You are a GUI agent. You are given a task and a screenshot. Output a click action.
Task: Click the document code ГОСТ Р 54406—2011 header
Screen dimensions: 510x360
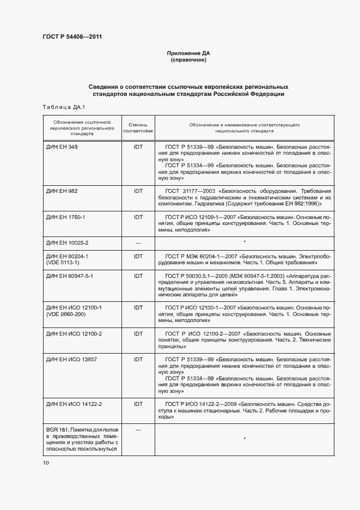click(72, 37)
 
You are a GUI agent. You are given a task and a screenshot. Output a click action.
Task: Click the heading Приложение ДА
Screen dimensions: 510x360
click(188, 53)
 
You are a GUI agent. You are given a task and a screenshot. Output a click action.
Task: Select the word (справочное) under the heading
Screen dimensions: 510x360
click(188, 60)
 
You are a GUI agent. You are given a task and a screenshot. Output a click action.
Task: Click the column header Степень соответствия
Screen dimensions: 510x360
click(138, 128)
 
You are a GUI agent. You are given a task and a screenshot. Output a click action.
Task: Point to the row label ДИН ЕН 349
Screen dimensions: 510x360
click(62, 147)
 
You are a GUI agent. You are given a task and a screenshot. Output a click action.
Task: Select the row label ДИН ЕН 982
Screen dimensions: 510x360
click(62, 191)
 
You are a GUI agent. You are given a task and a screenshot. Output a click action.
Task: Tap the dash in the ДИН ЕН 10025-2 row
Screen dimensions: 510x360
click(138, 242)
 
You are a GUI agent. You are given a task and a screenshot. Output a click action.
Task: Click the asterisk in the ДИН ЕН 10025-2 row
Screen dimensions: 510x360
click(245, 241)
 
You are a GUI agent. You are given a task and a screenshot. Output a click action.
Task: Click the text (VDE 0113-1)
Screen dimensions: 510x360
click(63, 262)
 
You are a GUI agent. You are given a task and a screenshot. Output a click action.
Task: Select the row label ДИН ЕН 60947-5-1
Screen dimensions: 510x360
click(70, 276)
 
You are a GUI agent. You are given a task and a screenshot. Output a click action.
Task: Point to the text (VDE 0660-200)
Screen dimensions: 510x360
click(66, 314)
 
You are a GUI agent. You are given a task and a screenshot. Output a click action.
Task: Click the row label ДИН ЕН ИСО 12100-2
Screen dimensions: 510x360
click(74, 333)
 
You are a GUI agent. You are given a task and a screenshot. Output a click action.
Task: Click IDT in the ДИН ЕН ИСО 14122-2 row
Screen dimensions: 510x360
click(138, 404)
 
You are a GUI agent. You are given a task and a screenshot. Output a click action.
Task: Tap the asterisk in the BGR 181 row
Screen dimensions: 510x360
click(245, 438)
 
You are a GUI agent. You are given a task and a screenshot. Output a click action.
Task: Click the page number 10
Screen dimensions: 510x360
click(46, 463)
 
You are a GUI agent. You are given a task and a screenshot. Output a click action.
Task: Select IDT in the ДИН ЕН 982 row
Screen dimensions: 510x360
click(138, 191)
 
